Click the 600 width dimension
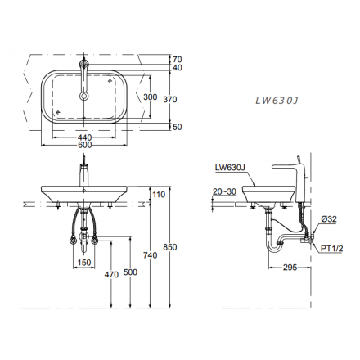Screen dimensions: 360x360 tap(84, 145)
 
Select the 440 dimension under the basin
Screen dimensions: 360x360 tap(84, 137)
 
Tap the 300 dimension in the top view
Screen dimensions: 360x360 tap(151, 97)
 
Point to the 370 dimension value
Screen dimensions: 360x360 tap(170, 100)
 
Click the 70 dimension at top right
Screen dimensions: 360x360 tap(178, 59)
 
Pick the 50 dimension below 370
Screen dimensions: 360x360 tap(178, 127)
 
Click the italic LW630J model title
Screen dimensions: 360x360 tap(277, 101)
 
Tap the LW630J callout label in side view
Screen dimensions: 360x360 tap(229, 168)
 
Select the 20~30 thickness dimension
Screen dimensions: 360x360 tap(224, 191)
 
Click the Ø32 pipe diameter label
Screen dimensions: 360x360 tap(329, 219)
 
